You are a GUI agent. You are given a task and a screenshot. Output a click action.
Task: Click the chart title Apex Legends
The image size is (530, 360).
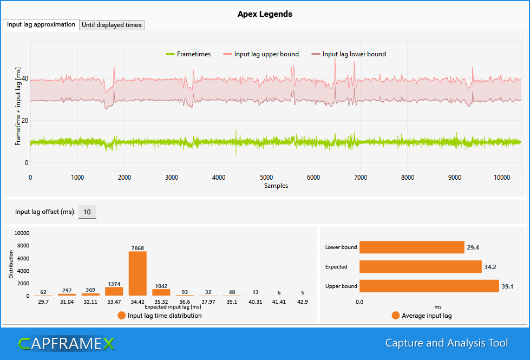tap(265, 14)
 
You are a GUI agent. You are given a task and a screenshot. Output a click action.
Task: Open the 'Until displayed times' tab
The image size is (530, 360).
tap(112, 25)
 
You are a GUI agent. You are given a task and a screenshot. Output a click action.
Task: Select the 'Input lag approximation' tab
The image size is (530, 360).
tap(41, 25)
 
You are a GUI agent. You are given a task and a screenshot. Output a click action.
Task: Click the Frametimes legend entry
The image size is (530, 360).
tap(188, 54)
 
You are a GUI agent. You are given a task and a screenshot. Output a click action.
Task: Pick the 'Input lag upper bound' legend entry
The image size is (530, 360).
tap(261, 54)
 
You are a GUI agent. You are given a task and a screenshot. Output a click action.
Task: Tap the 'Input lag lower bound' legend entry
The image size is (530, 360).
tap(349, 54)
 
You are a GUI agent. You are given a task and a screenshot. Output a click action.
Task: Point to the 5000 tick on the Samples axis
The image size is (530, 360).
tap(266, 178)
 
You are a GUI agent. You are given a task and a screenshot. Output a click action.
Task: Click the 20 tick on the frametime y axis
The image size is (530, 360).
tap(25, 120)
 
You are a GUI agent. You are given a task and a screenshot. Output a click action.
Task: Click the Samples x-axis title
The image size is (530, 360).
tap(276, 186)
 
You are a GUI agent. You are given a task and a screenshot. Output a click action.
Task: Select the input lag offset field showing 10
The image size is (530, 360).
tap(87, 212)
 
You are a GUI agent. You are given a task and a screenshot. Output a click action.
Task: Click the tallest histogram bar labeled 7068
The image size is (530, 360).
tap(138, 273)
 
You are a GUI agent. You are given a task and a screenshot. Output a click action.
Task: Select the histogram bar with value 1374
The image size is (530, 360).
tap(114, 291)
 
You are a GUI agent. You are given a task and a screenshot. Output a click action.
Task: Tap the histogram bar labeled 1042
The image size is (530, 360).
tap(161, 292)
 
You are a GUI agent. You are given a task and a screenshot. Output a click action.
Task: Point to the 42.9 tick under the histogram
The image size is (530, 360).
tap(303, 302)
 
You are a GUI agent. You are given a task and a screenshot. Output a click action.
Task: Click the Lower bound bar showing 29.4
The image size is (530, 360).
tap(411, 247)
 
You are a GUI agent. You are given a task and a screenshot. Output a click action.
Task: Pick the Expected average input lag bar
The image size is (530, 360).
tap(421, 267)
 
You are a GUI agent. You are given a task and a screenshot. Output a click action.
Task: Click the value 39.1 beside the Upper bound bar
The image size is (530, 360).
tap(507, 286)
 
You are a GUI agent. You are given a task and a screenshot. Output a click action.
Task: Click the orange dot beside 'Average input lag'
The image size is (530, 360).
tap(396, 316)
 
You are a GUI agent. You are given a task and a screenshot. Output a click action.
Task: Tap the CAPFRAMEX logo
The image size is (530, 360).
tap(66, 344)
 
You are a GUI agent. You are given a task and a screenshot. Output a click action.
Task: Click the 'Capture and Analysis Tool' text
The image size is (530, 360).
tap(447, 343)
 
